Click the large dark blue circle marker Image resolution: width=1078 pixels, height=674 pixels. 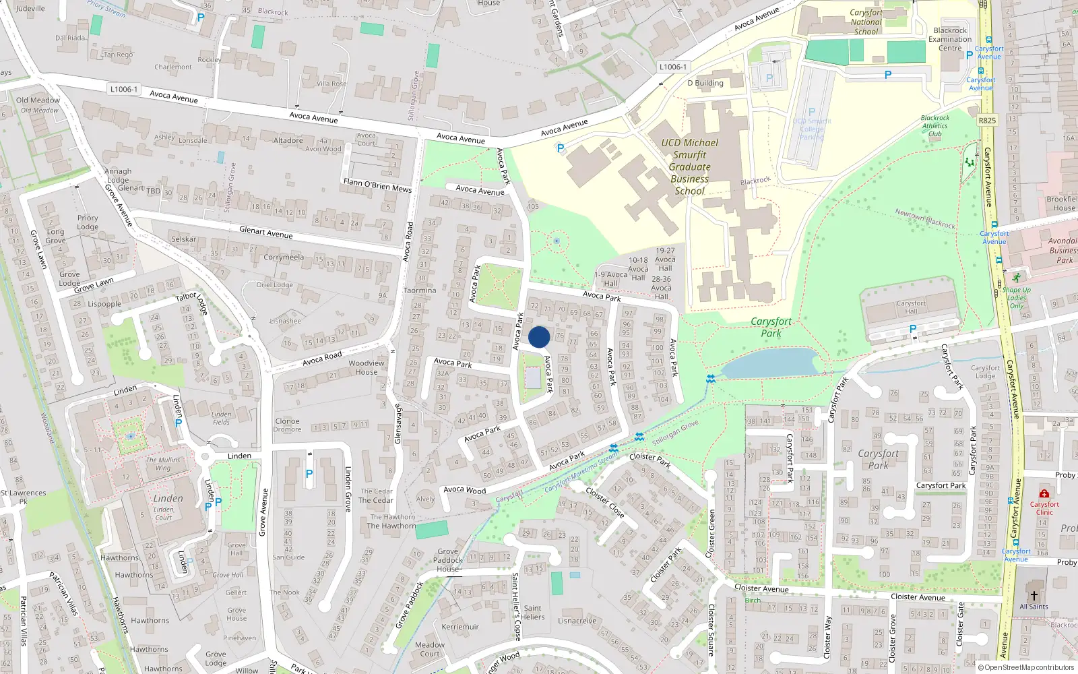coord(539,337)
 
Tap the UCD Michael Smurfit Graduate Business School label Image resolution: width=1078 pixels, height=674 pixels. coord(689,167)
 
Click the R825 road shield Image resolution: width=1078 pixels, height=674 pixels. coord(987,121)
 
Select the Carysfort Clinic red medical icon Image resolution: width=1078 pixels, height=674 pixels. coord(1044,494)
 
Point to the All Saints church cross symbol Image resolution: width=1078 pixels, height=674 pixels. coord(1034,596)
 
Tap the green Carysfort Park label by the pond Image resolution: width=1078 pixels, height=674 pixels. coord(771,327)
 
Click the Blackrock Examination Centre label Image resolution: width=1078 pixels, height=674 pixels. coord(950,39)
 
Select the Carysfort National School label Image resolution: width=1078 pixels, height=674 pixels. coord(866,22)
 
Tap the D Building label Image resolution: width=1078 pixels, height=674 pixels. coord(705,83)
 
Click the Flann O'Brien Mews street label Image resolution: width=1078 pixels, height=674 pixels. coord(377,185)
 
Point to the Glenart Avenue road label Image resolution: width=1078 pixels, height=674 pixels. coord(266,233)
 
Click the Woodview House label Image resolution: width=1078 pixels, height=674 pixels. coord(367,367)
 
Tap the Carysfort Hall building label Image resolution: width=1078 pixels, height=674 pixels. coord(911,307)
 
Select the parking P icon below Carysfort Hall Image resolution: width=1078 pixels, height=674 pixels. coord(913,329)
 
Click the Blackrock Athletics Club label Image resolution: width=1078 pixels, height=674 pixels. coord(934,125)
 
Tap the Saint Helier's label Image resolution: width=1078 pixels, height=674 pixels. coord(532,612)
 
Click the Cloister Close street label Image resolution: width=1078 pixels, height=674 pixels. coord(604,503)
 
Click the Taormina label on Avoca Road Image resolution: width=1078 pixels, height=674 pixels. coord(420,290)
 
